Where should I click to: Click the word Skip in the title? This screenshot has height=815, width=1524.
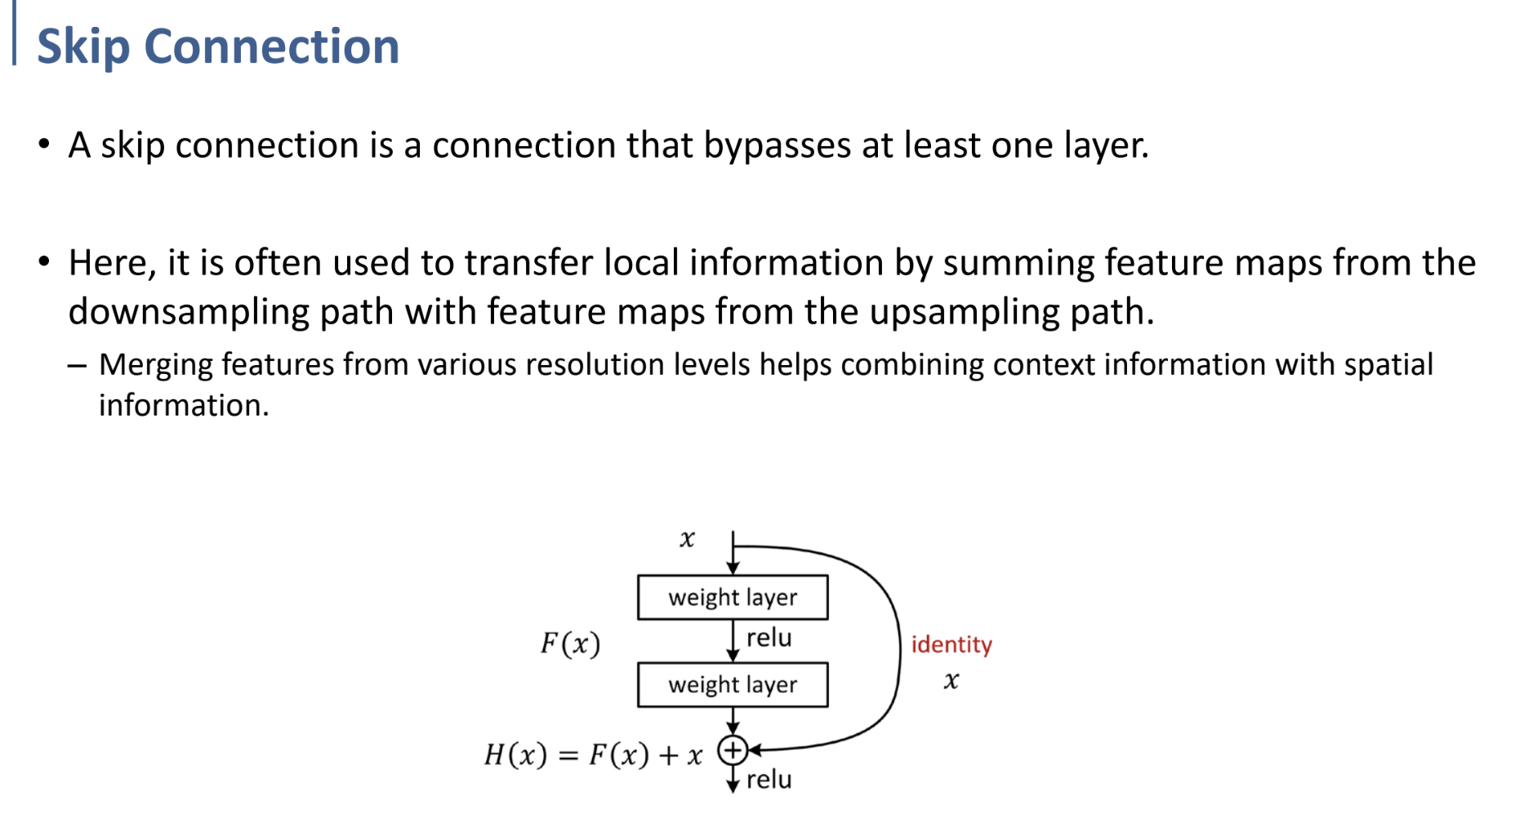point(83,47)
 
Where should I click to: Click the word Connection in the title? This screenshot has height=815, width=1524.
point(271,47)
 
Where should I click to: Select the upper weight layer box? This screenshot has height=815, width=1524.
point(732,597)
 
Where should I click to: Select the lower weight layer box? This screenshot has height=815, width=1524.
point(732,684)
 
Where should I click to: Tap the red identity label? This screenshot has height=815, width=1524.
point(951,644)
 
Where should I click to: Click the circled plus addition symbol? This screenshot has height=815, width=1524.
point(733,750)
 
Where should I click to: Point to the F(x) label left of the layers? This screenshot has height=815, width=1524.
point(570,644)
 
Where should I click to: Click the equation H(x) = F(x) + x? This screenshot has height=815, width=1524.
point(593,755)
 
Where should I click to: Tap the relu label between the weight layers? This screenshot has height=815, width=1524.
point(769,638)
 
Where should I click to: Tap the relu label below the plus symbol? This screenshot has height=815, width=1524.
point(769,780)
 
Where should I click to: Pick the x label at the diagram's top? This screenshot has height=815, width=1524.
point(687,539)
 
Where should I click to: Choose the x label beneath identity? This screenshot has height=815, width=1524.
point(951,681)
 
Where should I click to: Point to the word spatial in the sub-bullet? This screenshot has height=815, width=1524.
point(1388,365)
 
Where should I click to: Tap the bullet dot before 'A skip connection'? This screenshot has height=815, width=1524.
point(44,145)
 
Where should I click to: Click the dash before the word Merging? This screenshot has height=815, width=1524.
point(78,365)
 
